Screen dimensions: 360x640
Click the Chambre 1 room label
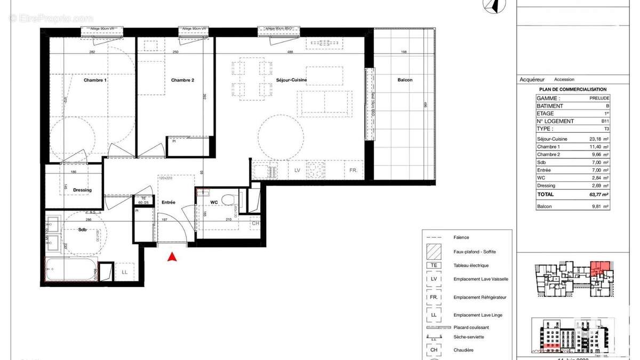point(95,80)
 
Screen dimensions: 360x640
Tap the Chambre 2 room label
point(182,80)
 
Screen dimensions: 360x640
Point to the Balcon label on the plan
point(405,80)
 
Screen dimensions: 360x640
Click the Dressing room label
point(82,190)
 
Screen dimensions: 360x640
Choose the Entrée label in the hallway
point(169,202)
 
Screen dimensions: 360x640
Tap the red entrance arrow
point(172,257)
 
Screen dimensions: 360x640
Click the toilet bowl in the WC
point(228,200)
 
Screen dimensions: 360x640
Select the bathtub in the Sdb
point(71,269)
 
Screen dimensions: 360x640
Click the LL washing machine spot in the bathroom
point(124,272)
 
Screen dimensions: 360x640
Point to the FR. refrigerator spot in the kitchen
point(353,171)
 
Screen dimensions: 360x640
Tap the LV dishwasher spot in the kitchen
point(298,171)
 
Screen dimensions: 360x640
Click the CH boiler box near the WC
point(255,223)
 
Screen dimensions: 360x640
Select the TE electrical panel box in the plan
point(142,201)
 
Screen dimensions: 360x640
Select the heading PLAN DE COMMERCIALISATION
point(573,90)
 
